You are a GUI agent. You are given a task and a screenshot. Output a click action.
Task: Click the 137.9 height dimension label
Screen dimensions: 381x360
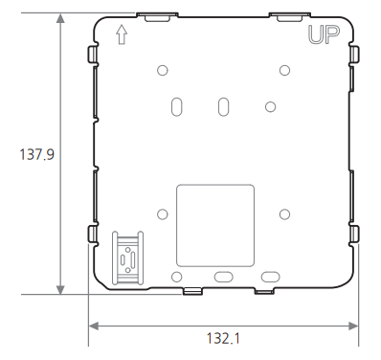tap(37, 154)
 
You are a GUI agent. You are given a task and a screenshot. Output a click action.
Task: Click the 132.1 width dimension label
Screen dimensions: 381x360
tap(223, 338)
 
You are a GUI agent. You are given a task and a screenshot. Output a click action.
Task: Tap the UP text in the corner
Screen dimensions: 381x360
tap(324, 35)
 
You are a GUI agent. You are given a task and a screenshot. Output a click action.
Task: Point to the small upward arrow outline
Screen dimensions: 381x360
tap(122, 34)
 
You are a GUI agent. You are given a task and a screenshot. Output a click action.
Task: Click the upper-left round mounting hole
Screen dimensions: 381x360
tap(163, 70)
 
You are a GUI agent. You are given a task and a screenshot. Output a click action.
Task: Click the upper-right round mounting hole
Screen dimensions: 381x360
tap(284, 70)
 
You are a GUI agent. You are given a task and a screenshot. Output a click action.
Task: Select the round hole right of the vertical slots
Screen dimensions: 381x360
tap(270, 107)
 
